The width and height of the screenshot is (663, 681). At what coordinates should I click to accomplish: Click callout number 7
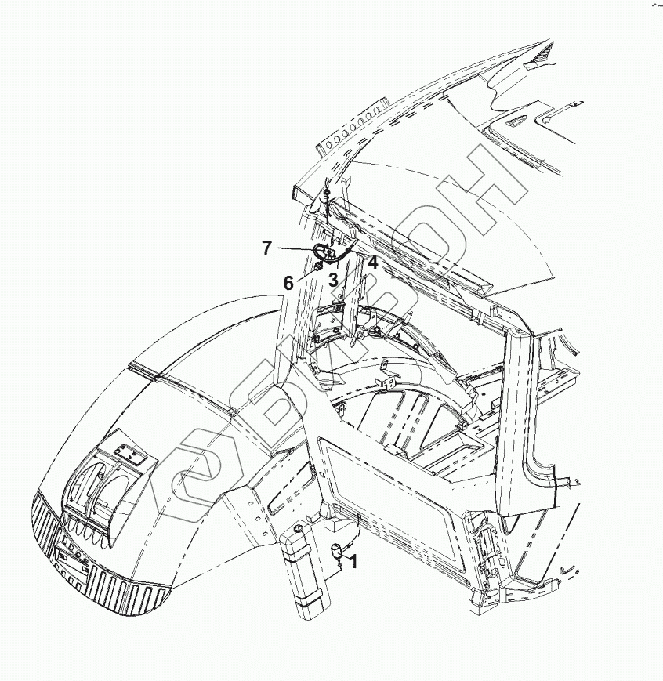click(267, 248)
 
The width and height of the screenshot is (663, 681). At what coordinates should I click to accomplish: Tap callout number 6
click(288, 283)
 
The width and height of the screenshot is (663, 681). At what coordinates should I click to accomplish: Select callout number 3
click(333, 279)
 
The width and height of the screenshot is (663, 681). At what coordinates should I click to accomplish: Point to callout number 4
click(373, 263)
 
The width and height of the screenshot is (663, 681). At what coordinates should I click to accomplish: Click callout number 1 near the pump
click(353, 561)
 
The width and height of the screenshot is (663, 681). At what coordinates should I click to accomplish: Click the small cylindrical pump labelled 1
click(337, 551)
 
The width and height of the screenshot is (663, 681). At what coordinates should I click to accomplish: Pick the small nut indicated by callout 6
click(318, 266)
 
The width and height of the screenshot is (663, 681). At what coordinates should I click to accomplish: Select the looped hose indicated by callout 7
click(322, 251)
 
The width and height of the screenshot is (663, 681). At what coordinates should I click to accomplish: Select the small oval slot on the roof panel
click(516, 122)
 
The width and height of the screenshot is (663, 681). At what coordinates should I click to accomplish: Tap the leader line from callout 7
click(294, 249)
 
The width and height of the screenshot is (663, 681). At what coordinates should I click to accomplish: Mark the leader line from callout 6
click(304, 275)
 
